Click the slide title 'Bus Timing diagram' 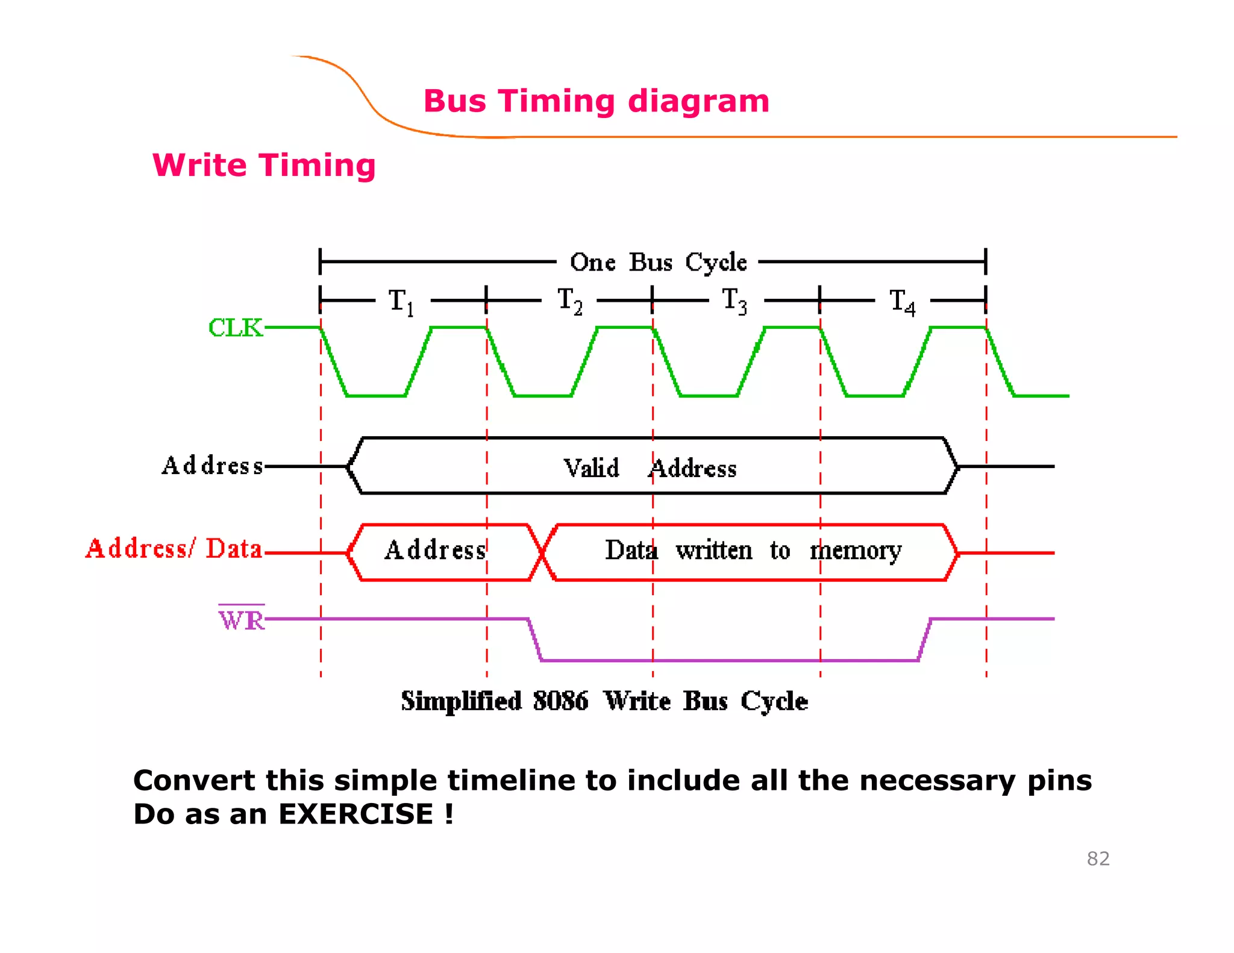click(597, 101)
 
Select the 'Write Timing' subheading click(264, 165)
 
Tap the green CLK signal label click(236, 328)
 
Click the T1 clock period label click(401, 301)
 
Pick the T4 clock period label click(902, 301)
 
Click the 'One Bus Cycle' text click(658, 262)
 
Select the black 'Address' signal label click(212, 466)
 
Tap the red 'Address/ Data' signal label click(174, 549)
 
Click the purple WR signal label click(241, 620)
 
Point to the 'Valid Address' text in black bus click(650, 468)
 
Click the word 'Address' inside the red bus click(435, 551)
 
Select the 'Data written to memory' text click(753, 551)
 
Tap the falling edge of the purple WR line click(535, 640)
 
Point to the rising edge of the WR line click(925, 640)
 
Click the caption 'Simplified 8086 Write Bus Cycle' click(604, 701)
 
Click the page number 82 click(1098, 858)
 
